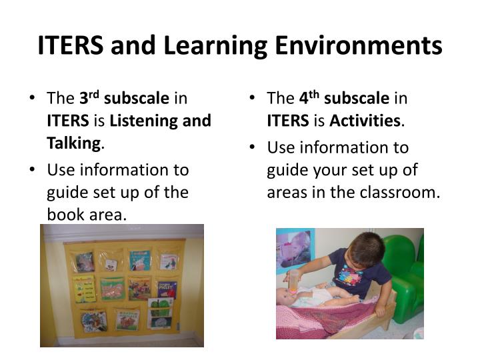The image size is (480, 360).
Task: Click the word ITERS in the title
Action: (70, 46)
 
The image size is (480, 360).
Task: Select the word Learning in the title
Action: (200, 46)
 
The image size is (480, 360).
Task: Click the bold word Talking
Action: (73, 143)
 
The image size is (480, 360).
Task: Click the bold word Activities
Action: (364, 121)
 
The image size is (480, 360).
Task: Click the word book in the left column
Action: (63, 215)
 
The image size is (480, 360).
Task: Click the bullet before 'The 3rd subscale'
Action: (33, 99)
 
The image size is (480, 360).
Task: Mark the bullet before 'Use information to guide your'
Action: (253, 147)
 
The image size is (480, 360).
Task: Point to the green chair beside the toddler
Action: (403, 270)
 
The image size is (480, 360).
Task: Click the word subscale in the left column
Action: (137, 99)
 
